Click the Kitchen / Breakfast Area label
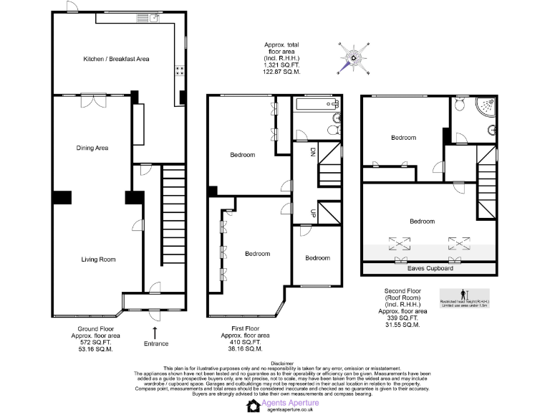point(115,59)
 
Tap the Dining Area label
point(92,148)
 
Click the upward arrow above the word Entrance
point(155,333)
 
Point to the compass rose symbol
point(354,58)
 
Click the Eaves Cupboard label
point(430,268)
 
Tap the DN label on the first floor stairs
point(312,152)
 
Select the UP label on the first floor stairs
point(312,213)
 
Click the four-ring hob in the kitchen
point(178,72)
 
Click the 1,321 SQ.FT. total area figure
point(281,65)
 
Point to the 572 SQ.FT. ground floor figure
point(95,343)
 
